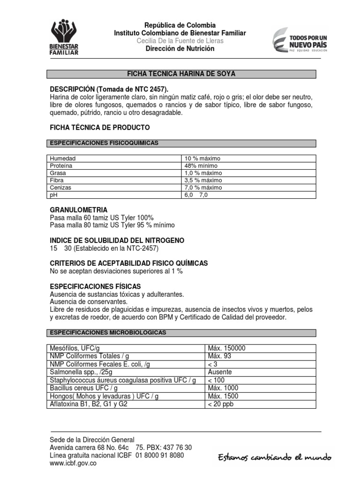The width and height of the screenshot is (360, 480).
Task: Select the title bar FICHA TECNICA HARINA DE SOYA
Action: click(181, 74)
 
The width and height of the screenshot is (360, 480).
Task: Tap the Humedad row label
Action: click(63, 158)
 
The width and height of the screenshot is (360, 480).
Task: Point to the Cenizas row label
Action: click(60, 187)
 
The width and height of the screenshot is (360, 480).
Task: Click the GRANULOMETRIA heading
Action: click(79, 210)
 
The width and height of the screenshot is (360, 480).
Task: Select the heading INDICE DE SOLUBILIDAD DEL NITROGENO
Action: click(117, 240)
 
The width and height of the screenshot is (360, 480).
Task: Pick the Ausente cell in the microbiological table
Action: click(220, 372)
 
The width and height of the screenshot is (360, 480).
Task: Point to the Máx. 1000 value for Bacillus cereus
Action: click(223, 388)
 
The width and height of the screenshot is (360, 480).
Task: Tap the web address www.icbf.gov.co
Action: click(73, 464)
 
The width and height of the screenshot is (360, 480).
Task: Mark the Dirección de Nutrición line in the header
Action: click(180, 48)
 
